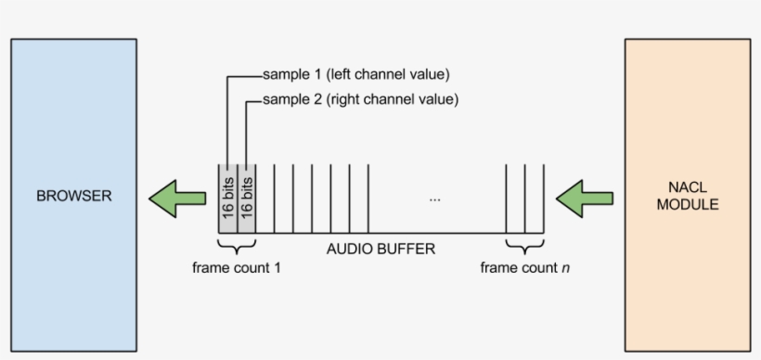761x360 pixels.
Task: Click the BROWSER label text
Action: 73,197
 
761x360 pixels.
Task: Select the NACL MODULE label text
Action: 687,197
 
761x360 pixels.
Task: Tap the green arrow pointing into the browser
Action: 178,198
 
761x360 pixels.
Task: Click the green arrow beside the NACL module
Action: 583,198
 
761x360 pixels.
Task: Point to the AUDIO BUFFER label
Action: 380,250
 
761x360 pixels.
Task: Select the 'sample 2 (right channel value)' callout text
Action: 360,99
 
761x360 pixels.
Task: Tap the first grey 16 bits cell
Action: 227,198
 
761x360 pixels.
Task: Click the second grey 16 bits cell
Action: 247,198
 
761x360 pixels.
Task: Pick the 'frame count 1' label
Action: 237,268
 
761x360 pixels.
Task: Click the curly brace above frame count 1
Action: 237,247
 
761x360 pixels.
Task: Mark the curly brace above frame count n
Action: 524,247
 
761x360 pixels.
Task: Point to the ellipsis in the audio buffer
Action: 434,199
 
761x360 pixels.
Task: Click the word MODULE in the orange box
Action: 687,205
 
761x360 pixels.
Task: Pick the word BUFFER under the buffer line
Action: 409,250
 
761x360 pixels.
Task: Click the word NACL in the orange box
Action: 687,188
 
